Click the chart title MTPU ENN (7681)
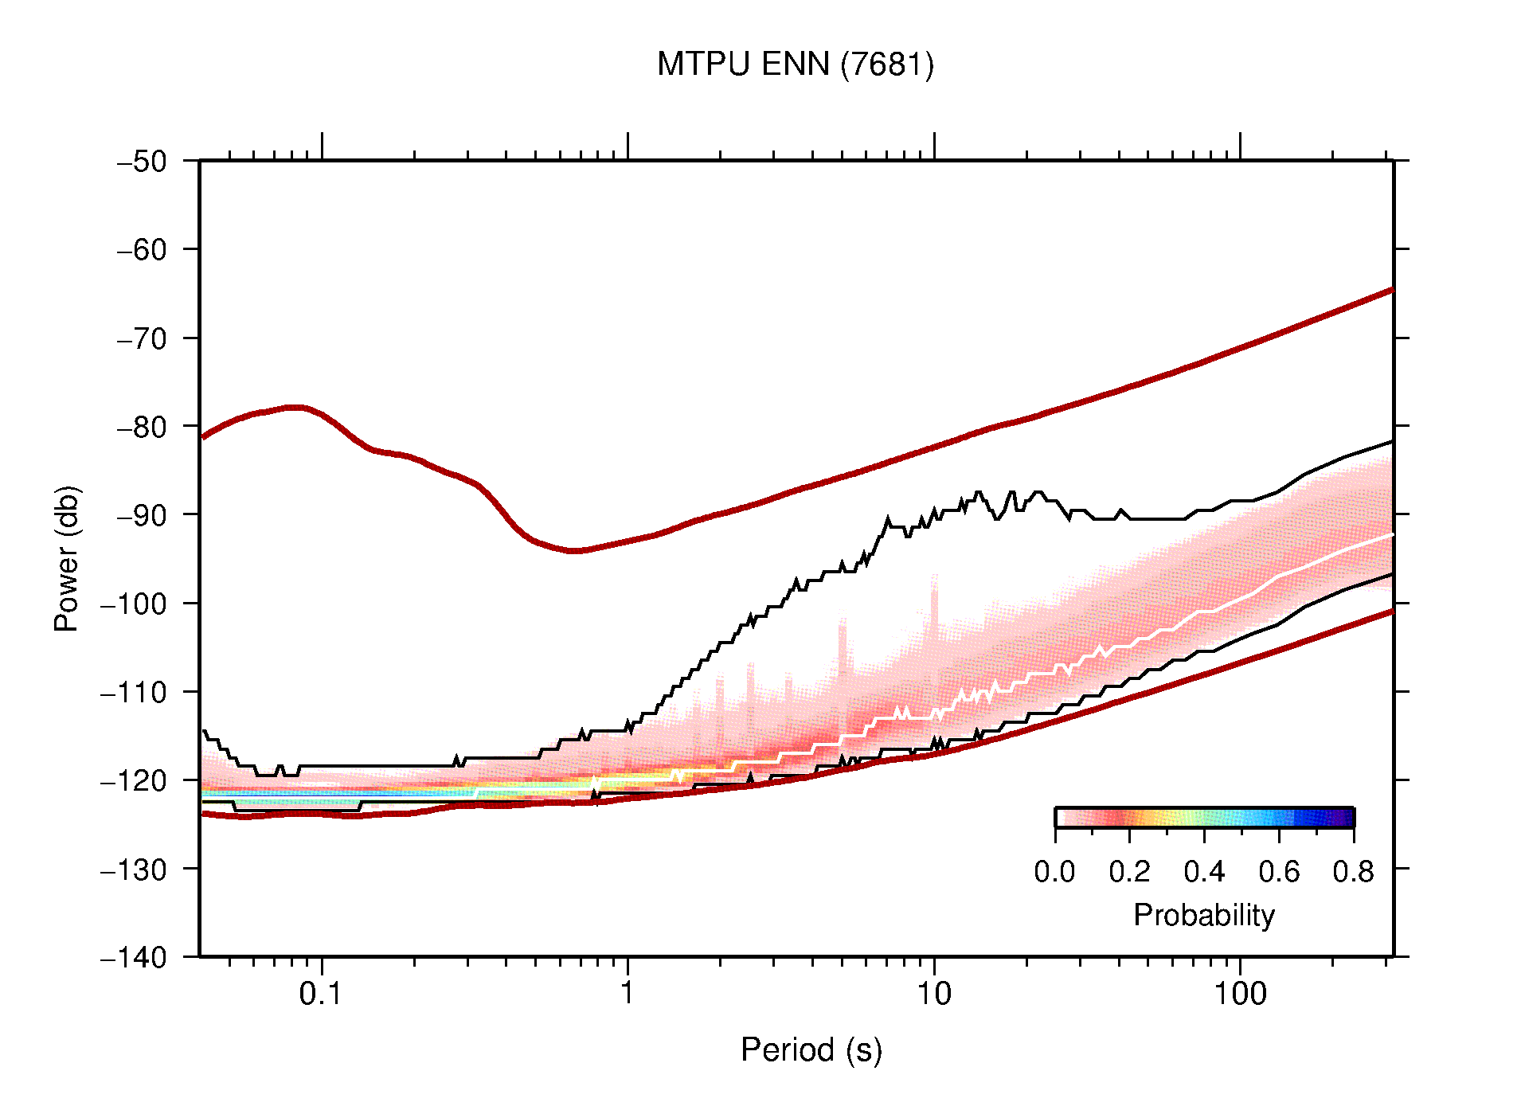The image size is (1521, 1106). [x=795, y=64]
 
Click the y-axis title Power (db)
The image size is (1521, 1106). [x=67, y=558]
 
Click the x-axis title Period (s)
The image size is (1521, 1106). [x=811, y=1050]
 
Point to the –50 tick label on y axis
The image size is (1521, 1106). [x=142, y=162]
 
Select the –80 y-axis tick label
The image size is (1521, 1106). [x=142, y=427]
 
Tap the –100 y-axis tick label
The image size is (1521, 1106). [x=134, y=604]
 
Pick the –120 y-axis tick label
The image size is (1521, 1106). [x=134, y=780]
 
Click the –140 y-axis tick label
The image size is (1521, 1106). [x=134, y=957]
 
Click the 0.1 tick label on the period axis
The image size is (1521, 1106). [x=321, y=994]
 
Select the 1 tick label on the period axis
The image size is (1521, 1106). [x=628, y=994]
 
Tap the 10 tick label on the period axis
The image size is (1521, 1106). [x=933, y=994]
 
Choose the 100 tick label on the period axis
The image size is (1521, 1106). [x=1239, y=994]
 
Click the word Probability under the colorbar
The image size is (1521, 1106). [x=1203, y=915]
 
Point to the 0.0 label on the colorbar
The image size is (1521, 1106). [x=1054, y=872]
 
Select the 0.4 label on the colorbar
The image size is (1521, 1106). [x=1204, y=872]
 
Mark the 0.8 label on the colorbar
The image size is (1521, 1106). [x=1353, y=872]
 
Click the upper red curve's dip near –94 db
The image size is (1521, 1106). [x=575, y=550]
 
